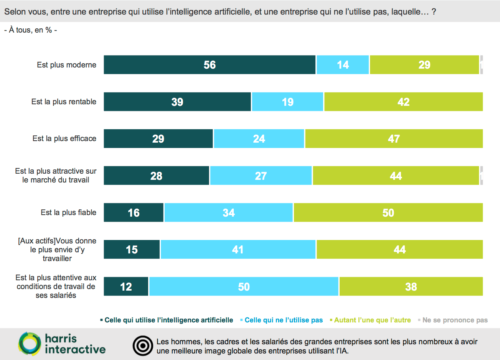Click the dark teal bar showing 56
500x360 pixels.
tap(210, 65)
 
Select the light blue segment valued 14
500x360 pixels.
tap(343, 65)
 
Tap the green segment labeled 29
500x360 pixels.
tap(424, 65)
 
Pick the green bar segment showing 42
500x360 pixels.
tap(403, 102)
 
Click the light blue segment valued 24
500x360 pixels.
tap(259, 138)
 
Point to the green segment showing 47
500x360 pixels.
tap(394, 138)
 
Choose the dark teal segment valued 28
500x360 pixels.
tap(156, 176)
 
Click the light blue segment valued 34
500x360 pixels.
tap(229, 212)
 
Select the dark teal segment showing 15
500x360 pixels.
tap(132, 250)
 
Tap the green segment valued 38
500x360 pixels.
tap(411, 286)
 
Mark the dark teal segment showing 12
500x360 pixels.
tap(126, 286)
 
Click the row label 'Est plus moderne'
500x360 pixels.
tap(66, 65)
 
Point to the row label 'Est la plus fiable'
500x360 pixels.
tap(68, 212)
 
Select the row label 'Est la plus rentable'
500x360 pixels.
tap(64, 102)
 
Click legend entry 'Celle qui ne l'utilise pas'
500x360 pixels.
tap(284, 320)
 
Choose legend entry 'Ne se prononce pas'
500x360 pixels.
tap(455, 320)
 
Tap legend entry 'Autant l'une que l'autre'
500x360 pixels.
tap(372, 320)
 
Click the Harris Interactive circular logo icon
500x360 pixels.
tap(30, 344)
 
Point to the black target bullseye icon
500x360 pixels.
tap(143, 346)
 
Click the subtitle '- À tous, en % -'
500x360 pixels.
tap(31, 30)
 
